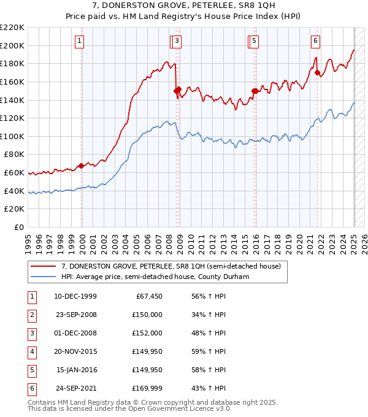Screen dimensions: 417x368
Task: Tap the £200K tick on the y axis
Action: pos(12,45)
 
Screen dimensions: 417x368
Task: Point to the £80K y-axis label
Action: pos(15,155)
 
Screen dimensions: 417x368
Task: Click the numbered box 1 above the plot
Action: pos(80,41)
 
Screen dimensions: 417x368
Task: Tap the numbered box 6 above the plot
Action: pos(315,41)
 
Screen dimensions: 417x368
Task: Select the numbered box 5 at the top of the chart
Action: pos(254,41)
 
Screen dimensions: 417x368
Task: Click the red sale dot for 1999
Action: pos(81,166)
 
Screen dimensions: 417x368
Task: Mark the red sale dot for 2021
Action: pos(317,73)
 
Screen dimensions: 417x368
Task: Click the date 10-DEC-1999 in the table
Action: pos(75,296)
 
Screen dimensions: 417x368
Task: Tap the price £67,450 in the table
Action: pos(147,296)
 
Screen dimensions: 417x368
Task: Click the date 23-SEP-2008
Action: pos(75,315)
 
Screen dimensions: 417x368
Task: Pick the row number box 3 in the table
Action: pos(31,333)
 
